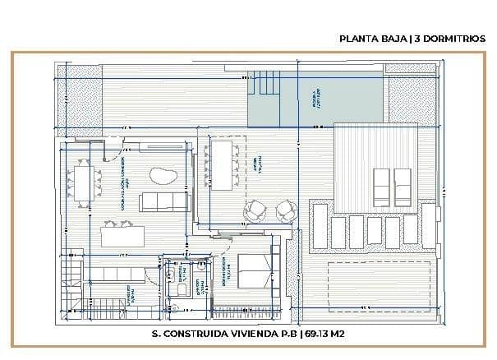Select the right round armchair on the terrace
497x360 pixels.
click(284, 212)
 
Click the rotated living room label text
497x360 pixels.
click(122, 184)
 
